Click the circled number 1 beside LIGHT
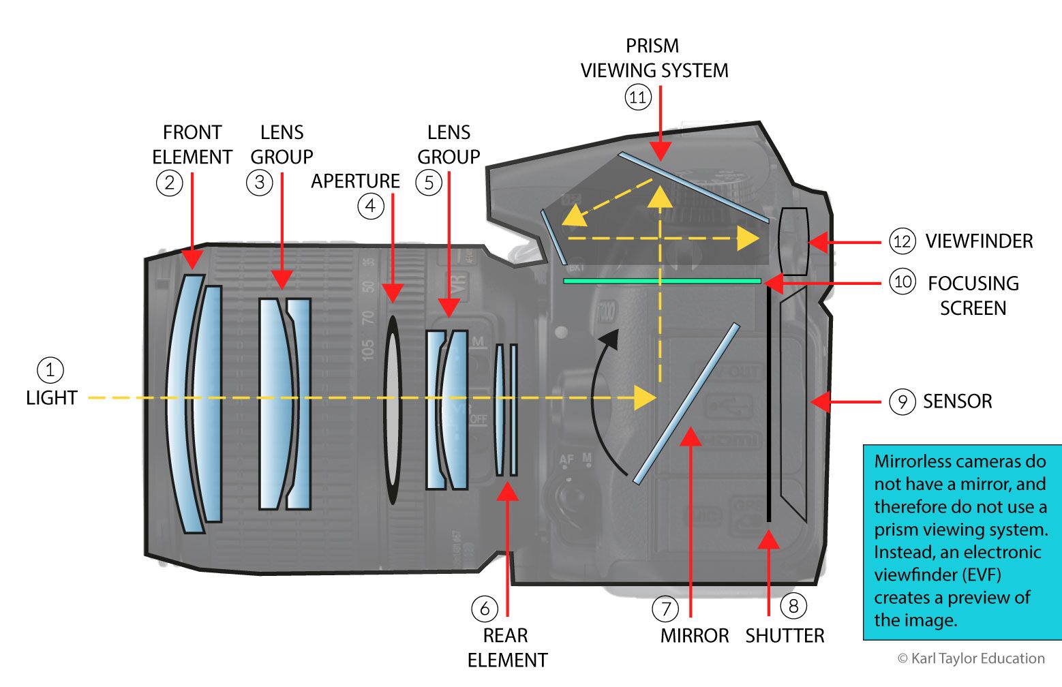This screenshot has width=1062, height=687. tap(50, 371)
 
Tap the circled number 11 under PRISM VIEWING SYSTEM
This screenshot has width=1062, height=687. tap(637, 97)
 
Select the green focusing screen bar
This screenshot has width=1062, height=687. tap(661, 281)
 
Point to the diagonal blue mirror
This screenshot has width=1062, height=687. tap(686, 403)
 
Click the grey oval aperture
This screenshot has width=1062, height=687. tap(393, 409)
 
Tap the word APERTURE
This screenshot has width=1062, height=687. tap(355, 181)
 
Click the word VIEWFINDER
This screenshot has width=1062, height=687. tap(979, 241)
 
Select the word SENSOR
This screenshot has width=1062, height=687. tap(957, 401)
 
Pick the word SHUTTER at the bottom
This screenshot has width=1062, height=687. tap(785, 636)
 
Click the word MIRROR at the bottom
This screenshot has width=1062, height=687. tap(694, 636)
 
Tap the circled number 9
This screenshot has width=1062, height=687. tap(902, 401)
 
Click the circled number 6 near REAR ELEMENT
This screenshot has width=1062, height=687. tap(485, 609)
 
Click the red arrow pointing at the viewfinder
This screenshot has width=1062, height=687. tap(845, 242)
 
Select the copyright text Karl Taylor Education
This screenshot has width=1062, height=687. tap(971, 658)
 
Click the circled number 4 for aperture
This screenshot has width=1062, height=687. tap(370, 205)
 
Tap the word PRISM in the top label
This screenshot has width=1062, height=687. tap(652, 46)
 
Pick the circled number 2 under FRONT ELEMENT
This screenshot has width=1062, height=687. tap(169, 182)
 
